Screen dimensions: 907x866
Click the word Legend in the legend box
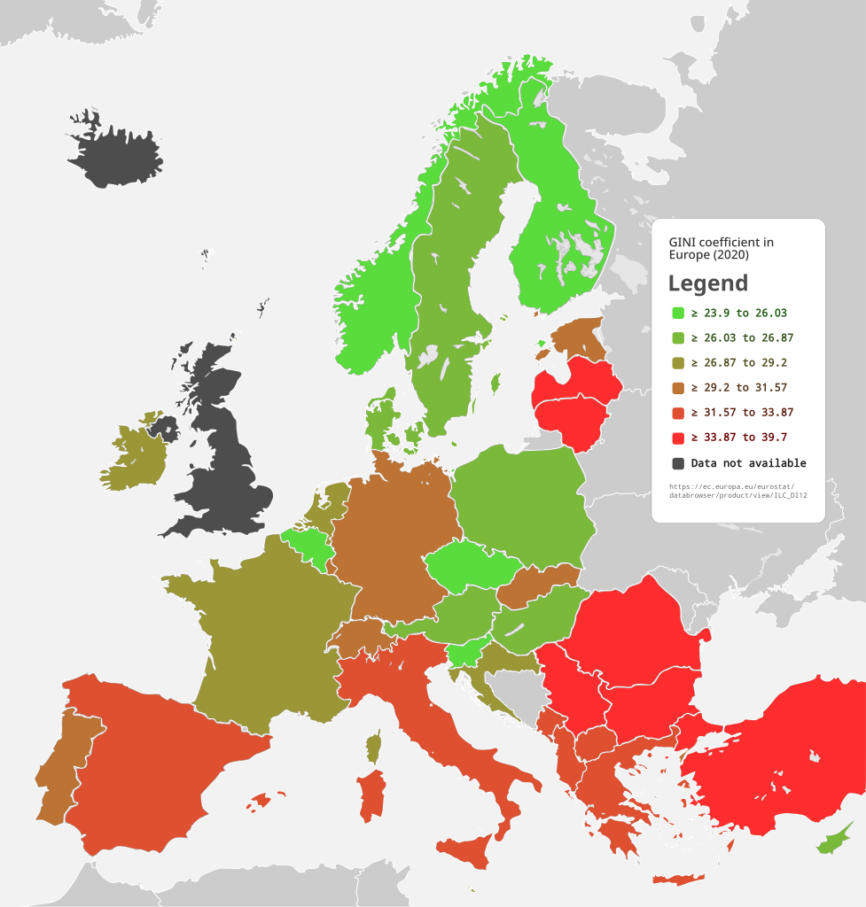(x=707, y=283)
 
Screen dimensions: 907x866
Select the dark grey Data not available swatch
(x=678, y=463)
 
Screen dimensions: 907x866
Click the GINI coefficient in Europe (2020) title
(x=721, y=248)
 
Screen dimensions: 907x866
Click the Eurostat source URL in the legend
(x=737, y=490)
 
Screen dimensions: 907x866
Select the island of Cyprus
(x=834, y=842)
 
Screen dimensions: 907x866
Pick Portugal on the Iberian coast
(x=62, y=762)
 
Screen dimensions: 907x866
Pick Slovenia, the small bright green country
(x=467, y=654)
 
